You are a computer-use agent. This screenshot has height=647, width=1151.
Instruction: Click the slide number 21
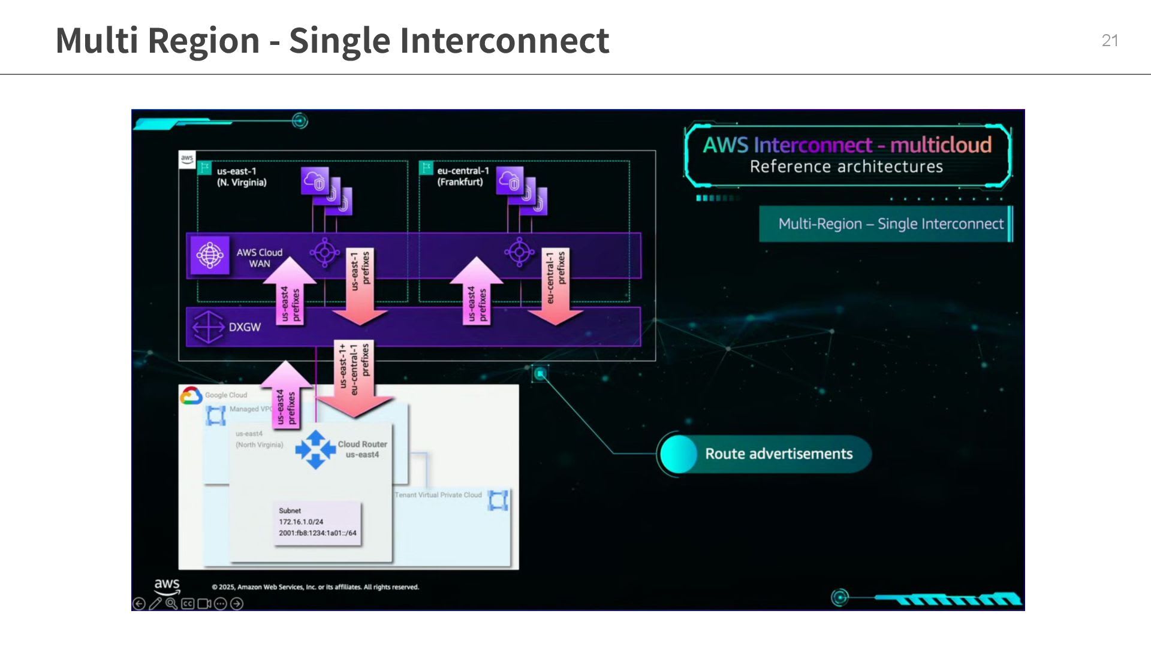pyautogui.click(x=1109, y=41)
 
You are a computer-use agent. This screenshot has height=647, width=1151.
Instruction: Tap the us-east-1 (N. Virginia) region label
pyautogui.click(x=241, y=177)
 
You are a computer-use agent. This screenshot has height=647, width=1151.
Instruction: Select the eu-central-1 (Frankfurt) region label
pyautogui.click(x=462, y=177)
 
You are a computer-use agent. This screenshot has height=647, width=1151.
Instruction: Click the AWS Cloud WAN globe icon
pyautogui.click(x=209, y=255)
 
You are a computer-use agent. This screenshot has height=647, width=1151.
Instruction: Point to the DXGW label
pyautogui.click(x=244, y=327)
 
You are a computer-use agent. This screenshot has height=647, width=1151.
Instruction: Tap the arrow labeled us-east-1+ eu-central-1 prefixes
pyautogui.click(x=354, y=377)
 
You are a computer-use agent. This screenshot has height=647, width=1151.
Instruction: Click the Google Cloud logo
pyautogui.click(x=191, y=395)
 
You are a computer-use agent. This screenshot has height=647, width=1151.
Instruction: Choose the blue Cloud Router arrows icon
pyautogui.click(x=315, y=449)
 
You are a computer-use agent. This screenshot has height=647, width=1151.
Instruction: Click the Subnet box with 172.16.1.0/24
pyautogui.click(x=317, y=522)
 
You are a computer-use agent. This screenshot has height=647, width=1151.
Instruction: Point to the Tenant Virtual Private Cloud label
pyautogui.click(x=438, y=495)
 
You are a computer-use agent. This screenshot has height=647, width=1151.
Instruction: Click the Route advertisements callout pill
pyautogui.click(x=764, y=453)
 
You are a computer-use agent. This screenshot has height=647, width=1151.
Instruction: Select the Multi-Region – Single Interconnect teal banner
pyautogui.click(x=885, y=224)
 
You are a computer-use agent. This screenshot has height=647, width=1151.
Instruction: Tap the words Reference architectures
pyautogui.click(x=846, y=167)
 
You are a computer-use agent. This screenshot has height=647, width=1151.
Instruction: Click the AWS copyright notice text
pyautogui.click(x=315, y=587)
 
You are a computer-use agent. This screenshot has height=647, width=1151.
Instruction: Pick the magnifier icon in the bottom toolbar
pyautogui.click(x=171, y=604)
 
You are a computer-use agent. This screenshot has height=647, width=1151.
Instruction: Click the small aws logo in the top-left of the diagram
pyautogui.click(x=187, y=159)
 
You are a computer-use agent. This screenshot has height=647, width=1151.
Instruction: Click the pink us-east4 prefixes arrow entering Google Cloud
pyautogui.click(x=286, y=398)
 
